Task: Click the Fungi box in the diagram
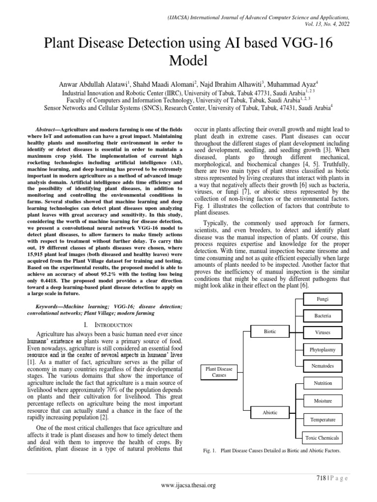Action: point(323,299)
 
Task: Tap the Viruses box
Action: point(323,332)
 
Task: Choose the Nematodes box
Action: point(323,366)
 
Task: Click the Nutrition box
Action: point(323,383)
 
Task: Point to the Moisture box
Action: point(323,401)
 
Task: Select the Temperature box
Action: point(323,420)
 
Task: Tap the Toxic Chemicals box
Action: point(323,438)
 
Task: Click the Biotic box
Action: point(270,332)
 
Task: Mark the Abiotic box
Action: point(270,413)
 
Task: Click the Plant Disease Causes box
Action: point(219,371)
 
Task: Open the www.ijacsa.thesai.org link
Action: point(188,485)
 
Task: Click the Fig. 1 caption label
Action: point(209,450)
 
